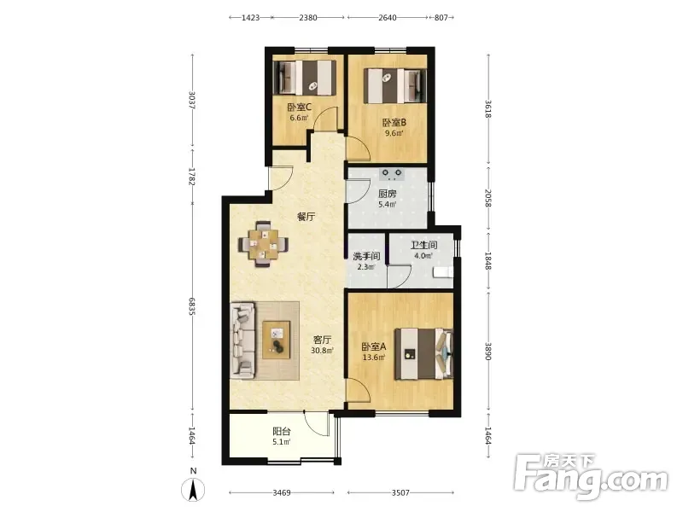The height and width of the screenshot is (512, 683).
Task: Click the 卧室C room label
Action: pyautogui.click(x=299, y=107)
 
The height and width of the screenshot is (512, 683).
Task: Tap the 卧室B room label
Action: pyautogui.click(x=394, y=123)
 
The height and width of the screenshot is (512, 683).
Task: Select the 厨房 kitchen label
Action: pyautogui.click(x=388, y=194)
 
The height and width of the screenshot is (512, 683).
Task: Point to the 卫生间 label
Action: pyautogui.click(x=423, y=245)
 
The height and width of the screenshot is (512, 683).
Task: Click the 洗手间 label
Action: pyautogui.click(x=366, y=256)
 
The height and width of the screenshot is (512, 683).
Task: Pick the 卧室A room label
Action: pyautogui.click(x=374, y=347)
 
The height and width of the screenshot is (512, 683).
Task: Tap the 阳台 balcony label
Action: pyautogui.click(x=282, y=432)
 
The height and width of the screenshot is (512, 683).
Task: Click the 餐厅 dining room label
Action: pyautogui.click(x=306, y=217)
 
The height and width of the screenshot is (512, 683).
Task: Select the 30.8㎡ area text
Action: pyautogui.click(x=323, y=351)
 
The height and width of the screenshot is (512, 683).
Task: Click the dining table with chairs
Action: pyautogui.click(x=263, y=245)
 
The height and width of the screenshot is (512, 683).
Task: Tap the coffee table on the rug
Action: pyautogui.click(x=277, y=340)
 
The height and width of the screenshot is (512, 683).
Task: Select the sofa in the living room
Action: pyautogui.click(x=242, y=340)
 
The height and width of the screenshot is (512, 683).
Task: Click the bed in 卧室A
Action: pyautogui.click(x=423, y=354)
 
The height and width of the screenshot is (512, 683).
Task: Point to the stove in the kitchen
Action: pyautogui.click(x=392, y=174)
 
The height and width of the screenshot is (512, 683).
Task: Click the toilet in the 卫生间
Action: pyautogui.click(x=443, y=272)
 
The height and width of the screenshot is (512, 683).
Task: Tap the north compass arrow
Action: pyautogui.click(x=194, y=489)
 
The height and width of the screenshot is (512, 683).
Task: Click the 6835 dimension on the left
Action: pyautogui.click(x=191, y=306)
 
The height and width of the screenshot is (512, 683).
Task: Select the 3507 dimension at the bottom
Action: pyautogui.click(x=400, y=493)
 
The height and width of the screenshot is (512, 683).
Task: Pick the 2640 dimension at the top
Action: pyautogui.click(x=388, y=18)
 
